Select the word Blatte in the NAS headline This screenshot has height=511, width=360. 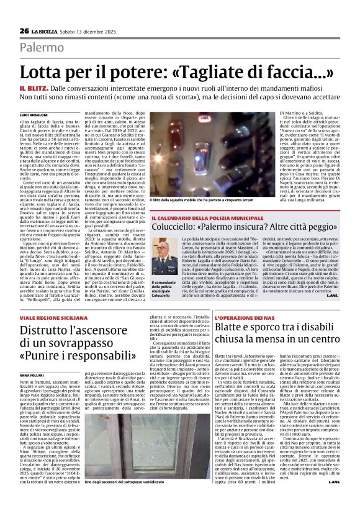click(x=233, y=330)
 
